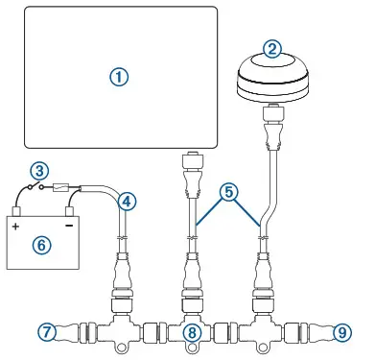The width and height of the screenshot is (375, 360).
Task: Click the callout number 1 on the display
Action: [118, 78]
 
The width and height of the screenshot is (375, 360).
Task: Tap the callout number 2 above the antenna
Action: [272, 48]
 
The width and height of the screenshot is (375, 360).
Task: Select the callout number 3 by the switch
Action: [38, 171]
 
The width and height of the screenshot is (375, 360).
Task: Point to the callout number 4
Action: [126, 201]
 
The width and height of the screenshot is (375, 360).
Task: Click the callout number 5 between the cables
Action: [228, 192]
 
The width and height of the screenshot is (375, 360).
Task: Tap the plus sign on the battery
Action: [15, 227]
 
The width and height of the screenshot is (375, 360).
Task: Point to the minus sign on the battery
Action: [68, 227]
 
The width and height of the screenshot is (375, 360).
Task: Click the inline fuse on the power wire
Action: [62, 189]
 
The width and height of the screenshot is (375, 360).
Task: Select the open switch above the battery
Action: [33, 188]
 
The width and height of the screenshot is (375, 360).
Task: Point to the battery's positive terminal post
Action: [16, 213]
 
